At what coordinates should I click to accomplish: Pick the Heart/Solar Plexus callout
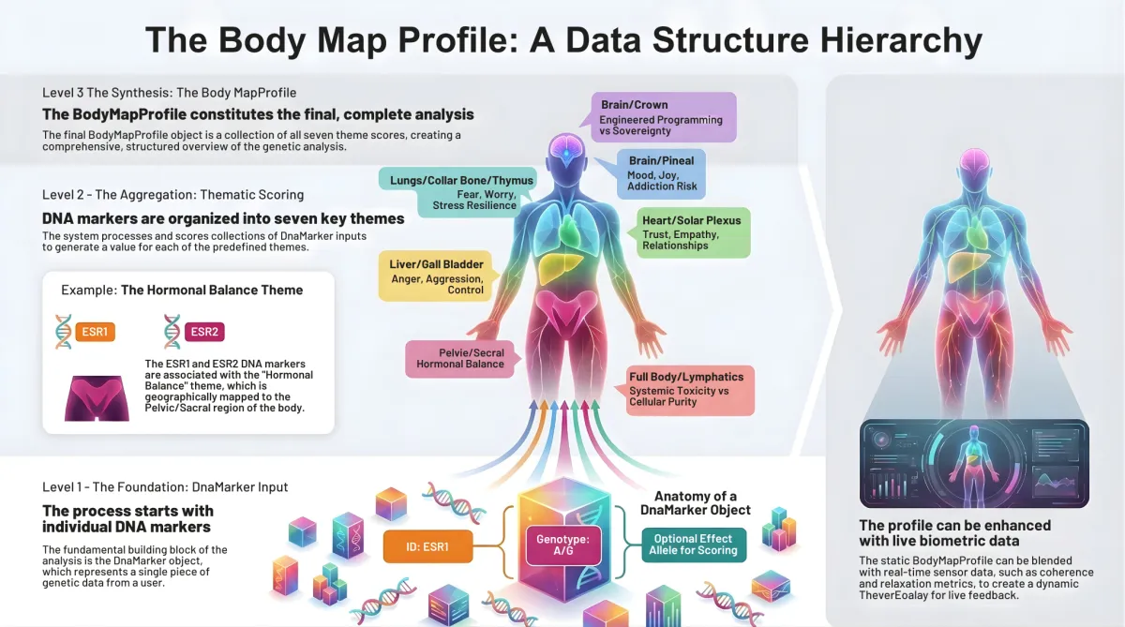(x=691, y=232)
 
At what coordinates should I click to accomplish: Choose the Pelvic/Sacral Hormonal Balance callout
(x=459, y=358)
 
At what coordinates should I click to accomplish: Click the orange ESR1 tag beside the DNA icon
(x=95, y=331)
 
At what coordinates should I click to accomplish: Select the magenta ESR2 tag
(x=203, y=331)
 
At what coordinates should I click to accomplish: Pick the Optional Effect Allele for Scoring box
(x=694, y=545)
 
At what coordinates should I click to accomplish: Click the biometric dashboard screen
(x=974, y=462)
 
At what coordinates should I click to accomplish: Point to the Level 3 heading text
(x=169, y=93)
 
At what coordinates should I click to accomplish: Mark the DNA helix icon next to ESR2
(x=172, y=331)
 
